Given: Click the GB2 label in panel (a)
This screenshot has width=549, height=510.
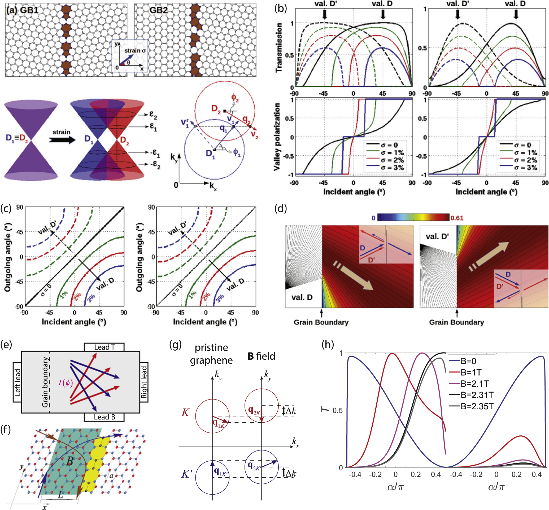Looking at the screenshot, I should tap(159, 10).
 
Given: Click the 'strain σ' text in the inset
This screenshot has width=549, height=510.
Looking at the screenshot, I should tap(135, 50).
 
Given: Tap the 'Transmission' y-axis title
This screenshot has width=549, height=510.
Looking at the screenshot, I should tap(279, 48).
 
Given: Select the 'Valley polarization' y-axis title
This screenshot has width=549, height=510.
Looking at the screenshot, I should tap(277, 137).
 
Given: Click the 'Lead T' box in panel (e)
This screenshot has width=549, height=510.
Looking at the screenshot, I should tap(104, 347).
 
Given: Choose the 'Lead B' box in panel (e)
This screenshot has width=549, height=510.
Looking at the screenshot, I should tap(104, 417).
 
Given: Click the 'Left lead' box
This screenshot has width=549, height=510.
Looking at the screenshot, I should tap(17, 382).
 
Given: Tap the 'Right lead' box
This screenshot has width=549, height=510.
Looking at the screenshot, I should tap(144, 382).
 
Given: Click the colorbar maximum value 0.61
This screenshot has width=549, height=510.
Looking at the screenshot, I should tap(457, 218).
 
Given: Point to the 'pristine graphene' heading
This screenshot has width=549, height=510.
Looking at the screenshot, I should tap(211, 354).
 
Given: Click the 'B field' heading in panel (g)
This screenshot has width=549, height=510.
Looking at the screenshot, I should tap(261, 356).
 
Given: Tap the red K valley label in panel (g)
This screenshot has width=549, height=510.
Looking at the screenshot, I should tap(185, 413).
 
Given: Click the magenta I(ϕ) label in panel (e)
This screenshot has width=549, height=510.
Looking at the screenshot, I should tap(66, 383).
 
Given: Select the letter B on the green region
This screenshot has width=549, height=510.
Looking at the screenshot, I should tap(70, 461).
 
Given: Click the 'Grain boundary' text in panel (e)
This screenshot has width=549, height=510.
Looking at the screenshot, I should tap(45, 382).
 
